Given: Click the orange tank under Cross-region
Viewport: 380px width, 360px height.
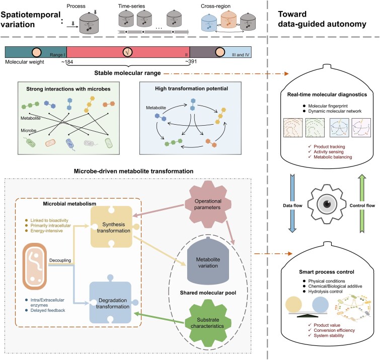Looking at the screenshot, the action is [229, 20].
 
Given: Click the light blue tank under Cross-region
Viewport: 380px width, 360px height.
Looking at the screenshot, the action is [209, 22].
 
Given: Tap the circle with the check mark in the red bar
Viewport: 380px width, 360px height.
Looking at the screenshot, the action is [127, 52].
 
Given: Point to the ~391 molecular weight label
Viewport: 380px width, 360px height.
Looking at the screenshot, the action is [191, 61].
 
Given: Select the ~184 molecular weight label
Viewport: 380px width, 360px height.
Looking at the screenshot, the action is [67, 62].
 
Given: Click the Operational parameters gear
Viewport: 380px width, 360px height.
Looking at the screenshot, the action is [208, 204].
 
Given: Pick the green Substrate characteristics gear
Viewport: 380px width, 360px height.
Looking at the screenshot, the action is [208, 323].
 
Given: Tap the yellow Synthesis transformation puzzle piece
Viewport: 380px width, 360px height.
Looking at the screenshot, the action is [113, 227].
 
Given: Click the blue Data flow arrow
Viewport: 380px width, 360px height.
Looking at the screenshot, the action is [292, 203].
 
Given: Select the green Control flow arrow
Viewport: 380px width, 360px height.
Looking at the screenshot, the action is [362, 203].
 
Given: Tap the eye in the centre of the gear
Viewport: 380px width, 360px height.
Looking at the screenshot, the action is [327, 204].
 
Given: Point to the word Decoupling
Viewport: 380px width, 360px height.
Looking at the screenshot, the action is [60, 260].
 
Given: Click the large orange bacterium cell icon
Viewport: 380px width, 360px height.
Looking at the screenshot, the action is [35, 266].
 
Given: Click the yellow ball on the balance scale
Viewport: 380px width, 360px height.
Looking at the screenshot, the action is [293, 305].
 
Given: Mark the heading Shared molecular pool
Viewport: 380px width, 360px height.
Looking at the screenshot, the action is [208, 293].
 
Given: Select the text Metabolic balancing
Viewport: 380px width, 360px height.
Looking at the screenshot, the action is [333, 157].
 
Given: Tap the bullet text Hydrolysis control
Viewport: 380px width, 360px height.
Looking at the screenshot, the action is [325, 292].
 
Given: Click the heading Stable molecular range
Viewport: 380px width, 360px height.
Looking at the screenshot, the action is [127, 73].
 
